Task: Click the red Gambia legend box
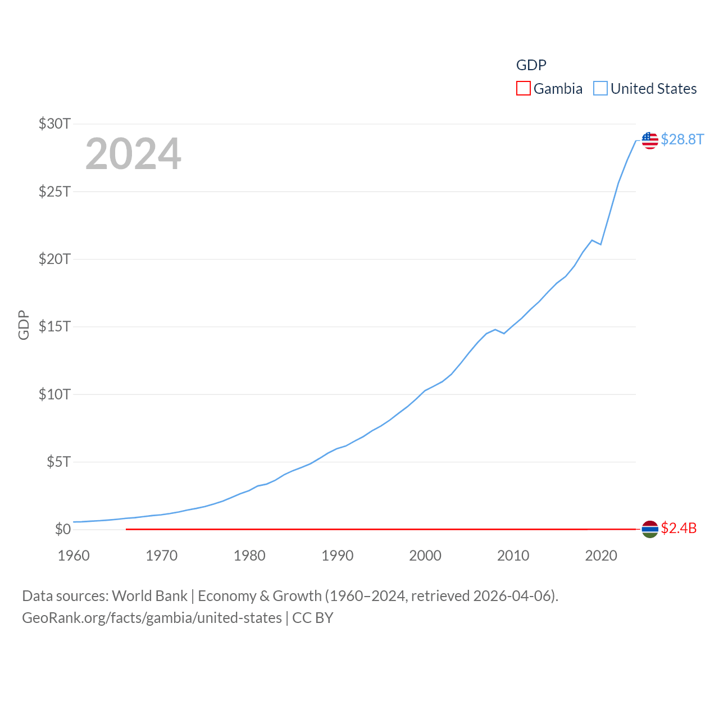pyautogui.click(x=523, y=89)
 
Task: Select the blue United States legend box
pyautogui.click(x=600, y=89)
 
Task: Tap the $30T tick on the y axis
pyautogui.click(x=54, y=124)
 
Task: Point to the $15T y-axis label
pyautogui.click(x=54, y=326)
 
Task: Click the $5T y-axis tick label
pyautogui.click(x=58, y=462)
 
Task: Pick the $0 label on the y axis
pyautogui.click(x=62, y=529)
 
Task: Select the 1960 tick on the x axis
pyautogui.click(x=74, y=556)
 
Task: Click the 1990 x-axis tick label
pyautogui.click(x=337, y=556)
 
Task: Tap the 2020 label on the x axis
pyautogui.click(x=601, y=556)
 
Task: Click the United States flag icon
pyautogui.click(x=650, y=140)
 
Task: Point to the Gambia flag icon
pyautogui.click(x=650, y=529)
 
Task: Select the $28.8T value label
pyautogui.click(x=682, y=139)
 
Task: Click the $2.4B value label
pyautogui.click(x=679, y=528)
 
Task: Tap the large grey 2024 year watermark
pyautogui.click(x=133, y=154)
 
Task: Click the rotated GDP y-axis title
pyautogui.click(x=24, y=325)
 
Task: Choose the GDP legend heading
pyautogui.click(x=531, y=65)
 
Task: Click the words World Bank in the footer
pyautogui.click(x=149, y=596)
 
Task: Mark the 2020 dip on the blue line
pyautogui.click(x=600, y=244)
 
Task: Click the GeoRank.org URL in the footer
pyautogui.click(x=152, y=618)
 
